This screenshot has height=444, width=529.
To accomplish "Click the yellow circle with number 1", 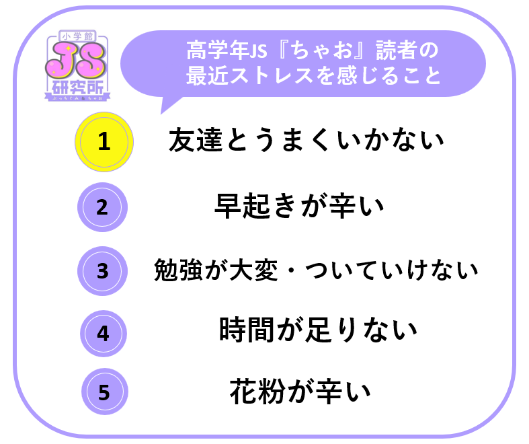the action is click(104, 142).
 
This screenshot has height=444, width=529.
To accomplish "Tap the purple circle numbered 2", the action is click(103, 207).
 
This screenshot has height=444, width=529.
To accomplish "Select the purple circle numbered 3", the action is click(103, 271).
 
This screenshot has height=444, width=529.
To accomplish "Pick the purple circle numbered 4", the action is click(104, 334).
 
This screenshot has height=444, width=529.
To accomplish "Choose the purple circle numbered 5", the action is click(105, 392).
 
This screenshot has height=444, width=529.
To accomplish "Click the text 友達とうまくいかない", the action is click(306, 140).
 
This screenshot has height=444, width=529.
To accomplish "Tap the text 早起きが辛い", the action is click(299, 206).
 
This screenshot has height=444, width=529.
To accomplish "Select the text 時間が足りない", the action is click(318, 330).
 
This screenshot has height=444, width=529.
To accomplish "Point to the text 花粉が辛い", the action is click(300, 392).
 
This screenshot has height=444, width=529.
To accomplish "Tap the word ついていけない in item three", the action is click(391, 270).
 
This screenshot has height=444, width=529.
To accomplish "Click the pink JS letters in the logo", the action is click(75, 61).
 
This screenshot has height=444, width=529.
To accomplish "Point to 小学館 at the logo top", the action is click(77, 36).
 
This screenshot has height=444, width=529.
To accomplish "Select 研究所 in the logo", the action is click(77, 87).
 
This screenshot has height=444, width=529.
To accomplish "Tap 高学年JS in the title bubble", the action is click(227, 50).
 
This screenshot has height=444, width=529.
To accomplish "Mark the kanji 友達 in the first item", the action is click(196, 140).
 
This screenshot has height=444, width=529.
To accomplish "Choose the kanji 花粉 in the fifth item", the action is click(257, 392).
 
